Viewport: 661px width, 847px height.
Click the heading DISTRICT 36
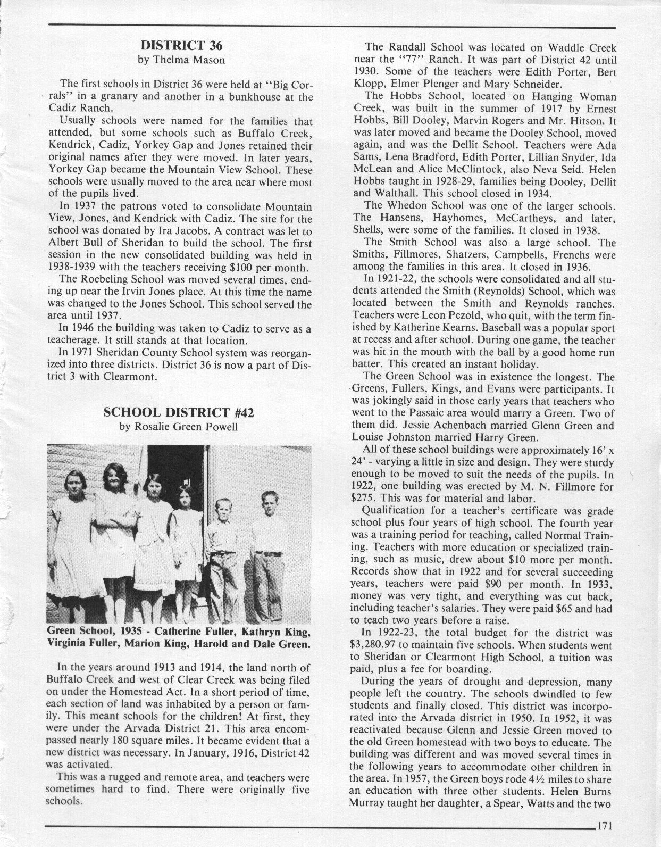coord(181,45)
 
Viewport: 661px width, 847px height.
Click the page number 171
coord(605,826)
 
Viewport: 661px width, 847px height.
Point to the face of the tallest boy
coord(270,503)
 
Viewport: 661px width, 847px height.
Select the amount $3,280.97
coord(376,645)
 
